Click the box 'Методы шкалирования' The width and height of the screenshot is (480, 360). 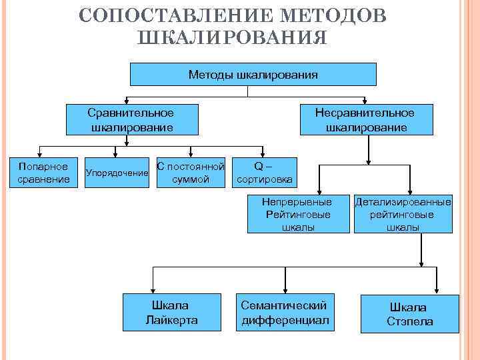253,74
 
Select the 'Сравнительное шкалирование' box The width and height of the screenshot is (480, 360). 130,119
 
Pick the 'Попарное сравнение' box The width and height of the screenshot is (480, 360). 43,172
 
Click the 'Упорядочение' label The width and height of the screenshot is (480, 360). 117,173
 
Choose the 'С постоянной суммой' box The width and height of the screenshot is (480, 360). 191,172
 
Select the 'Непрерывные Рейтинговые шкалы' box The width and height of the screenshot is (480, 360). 298,213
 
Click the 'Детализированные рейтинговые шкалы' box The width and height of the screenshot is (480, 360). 403,213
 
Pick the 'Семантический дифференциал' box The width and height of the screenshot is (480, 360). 284,312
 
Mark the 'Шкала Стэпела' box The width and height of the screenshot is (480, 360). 409,314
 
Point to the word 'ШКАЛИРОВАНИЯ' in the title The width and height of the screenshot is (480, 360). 231,38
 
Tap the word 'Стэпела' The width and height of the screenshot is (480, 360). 409,321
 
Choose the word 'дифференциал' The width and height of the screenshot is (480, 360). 284,320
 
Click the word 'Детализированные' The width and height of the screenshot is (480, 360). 403,202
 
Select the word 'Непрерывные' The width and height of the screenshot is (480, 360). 298,201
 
